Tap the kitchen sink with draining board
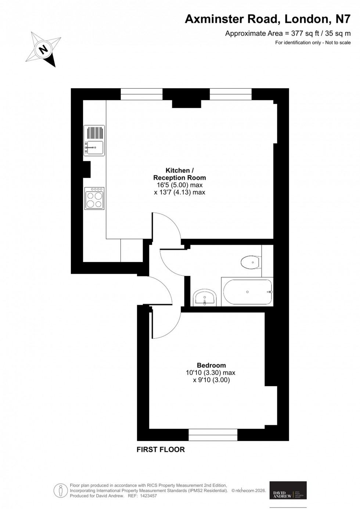(x=94, y=141)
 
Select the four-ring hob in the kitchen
(x=94, y=198)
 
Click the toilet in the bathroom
(x=251, y=262)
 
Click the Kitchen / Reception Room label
(x=179, y=174)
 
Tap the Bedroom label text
(x=211, y=365)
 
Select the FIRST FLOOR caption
(x=161, y=449)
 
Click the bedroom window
(x=213, y=435)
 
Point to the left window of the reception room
(x=141, y=94)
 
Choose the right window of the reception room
(x=231, y=94)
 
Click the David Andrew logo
(x=288, y=490)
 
